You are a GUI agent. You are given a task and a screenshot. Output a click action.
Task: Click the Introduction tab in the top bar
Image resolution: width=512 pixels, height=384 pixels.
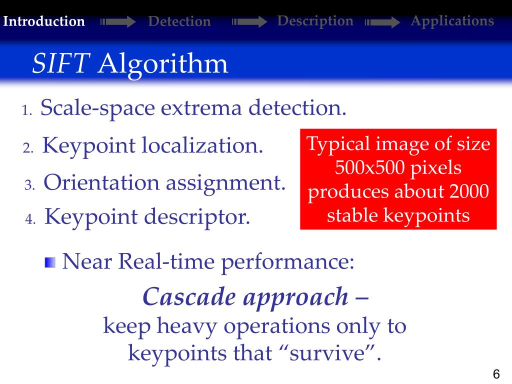click(43, 21)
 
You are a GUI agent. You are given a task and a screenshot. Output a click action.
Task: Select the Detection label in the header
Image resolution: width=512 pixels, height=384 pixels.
click(179, 21)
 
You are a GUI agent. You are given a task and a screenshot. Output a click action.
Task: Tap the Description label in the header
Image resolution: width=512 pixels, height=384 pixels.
click(315, 21)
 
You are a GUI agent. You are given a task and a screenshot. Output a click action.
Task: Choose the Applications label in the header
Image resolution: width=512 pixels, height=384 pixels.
click(452, 21)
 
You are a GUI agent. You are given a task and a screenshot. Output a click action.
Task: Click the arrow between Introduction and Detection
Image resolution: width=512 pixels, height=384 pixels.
click(118, 22)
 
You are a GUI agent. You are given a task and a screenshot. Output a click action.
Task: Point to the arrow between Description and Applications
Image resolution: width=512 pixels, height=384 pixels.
click(382, 22)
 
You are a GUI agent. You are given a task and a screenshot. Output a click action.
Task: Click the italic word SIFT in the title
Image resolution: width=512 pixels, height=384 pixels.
click(61, 64)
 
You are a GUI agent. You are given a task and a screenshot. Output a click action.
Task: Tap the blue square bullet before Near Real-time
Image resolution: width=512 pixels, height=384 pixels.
click(50, 262)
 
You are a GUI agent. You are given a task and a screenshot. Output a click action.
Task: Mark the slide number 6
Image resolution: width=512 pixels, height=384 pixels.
click(496, 374)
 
